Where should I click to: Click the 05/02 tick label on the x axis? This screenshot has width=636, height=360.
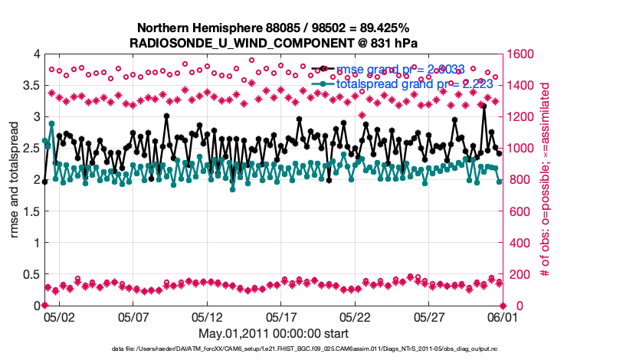click(58, 316)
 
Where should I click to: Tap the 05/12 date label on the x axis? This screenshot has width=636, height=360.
click(207, 316)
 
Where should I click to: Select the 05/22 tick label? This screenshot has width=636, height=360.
click(356, 316)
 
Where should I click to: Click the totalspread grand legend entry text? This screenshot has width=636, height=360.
click(414, 83)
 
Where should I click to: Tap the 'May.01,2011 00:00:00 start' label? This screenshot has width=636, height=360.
click(274, 333)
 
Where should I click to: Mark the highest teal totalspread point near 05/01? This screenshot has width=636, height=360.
click(52, 123)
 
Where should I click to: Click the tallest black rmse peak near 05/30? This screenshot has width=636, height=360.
click(484, 106)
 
